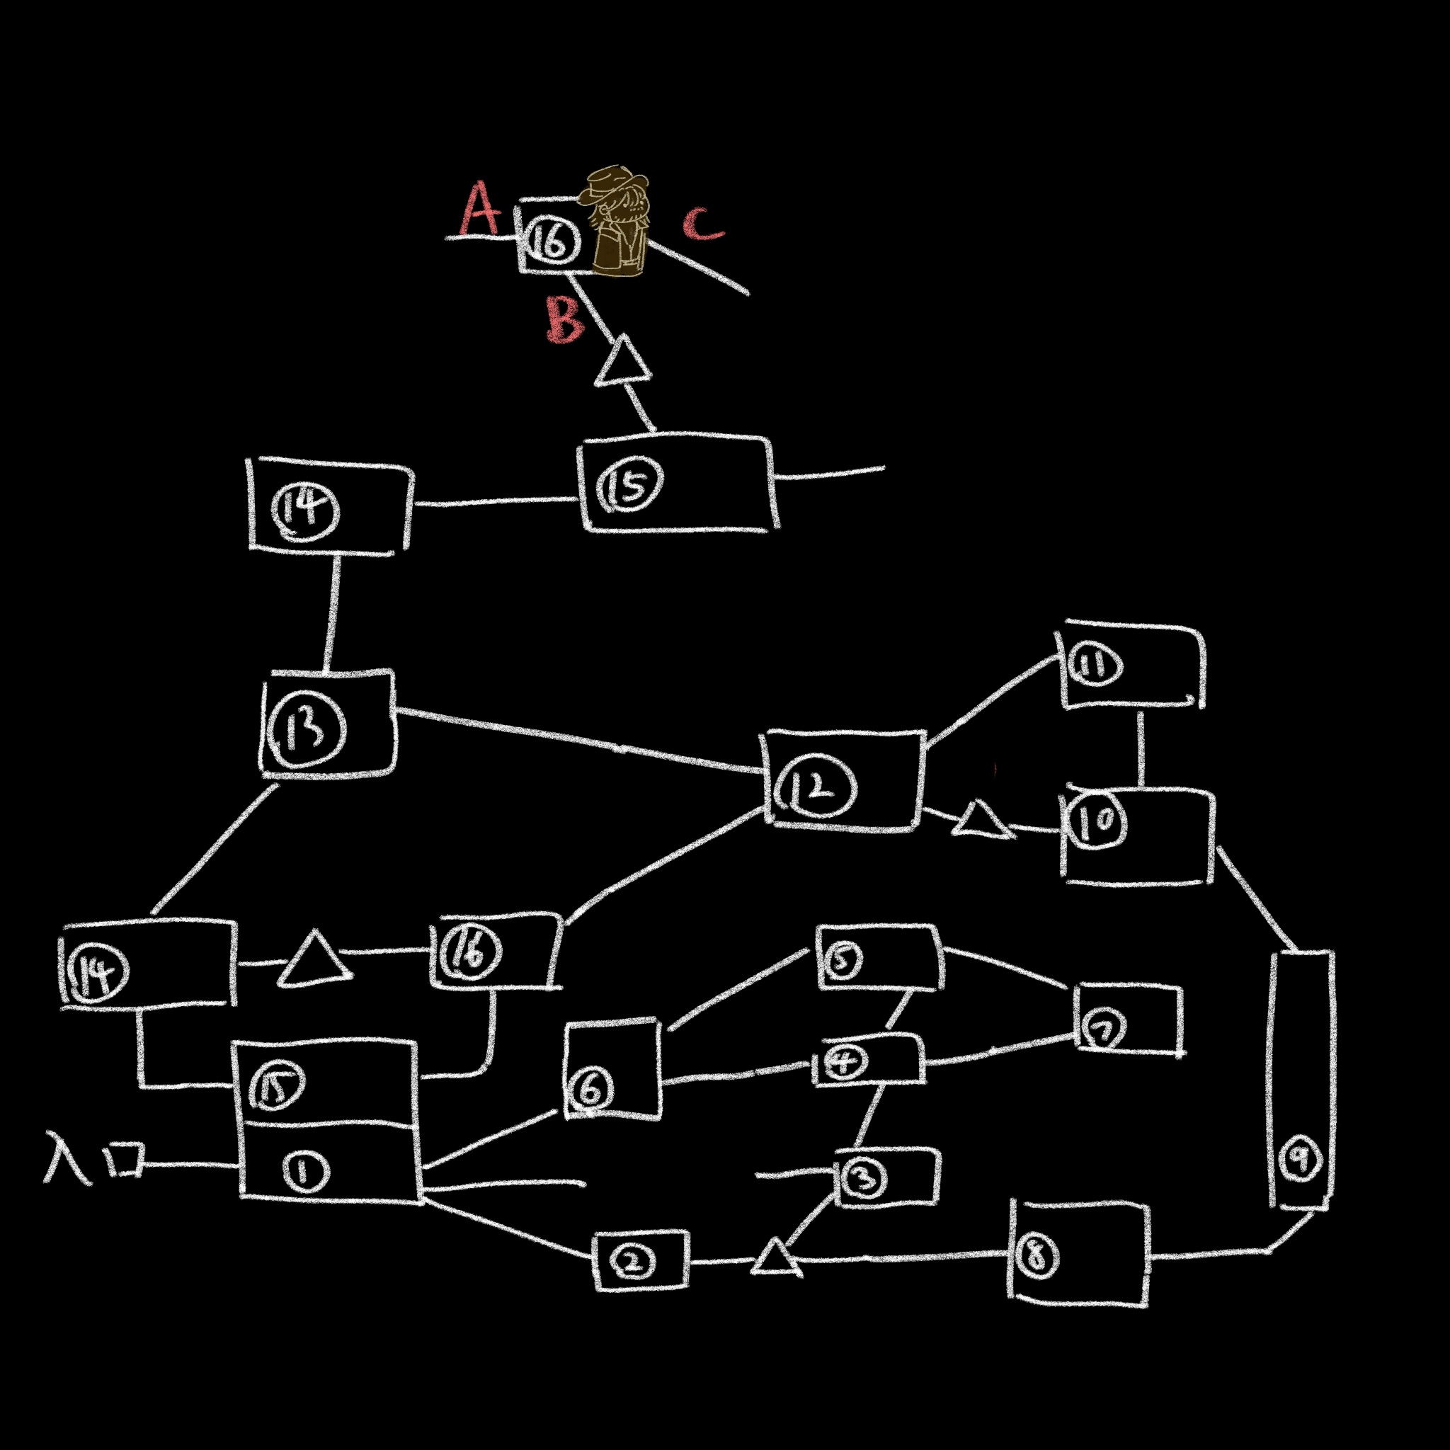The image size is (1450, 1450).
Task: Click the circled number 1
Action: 305,1172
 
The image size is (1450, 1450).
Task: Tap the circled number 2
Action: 633,1262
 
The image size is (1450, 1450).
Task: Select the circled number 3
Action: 864,1179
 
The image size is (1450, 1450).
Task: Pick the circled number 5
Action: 842,961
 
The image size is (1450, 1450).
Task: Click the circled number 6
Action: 590,1089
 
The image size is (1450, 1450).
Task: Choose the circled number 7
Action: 1102,1029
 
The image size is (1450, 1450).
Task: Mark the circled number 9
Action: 1301,1160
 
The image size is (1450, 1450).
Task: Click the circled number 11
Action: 1095,666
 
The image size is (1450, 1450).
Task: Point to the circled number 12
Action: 816,787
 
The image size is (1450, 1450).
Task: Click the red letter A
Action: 479,209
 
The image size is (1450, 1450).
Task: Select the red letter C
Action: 703,223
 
